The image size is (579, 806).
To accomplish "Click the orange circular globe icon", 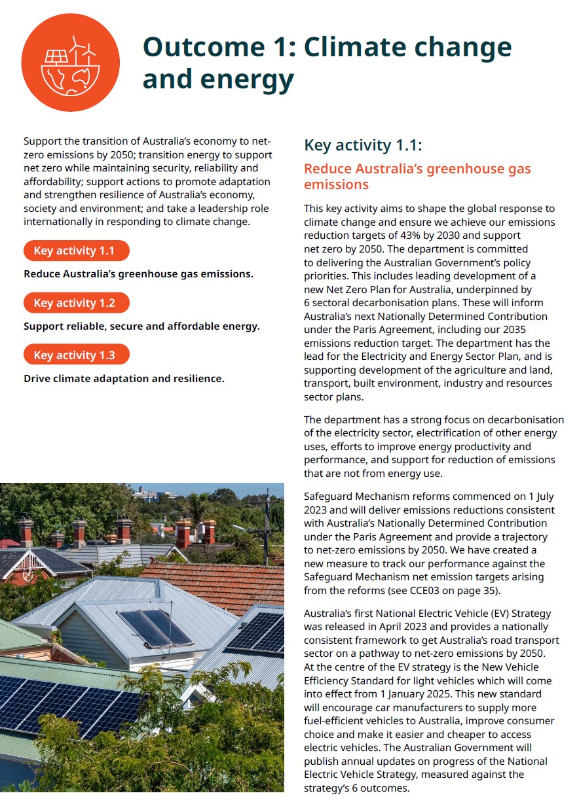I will (x=70, y=63).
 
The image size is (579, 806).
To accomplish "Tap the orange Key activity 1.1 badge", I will (x=76, y=251).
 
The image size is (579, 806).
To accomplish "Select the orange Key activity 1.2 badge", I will (x=76, y=303).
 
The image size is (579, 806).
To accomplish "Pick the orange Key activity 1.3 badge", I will (x=76, y=355).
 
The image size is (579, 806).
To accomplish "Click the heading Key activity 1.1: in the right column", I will (x=363, y=145).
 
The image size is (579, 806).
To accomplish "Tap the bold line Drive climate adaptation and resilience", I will (x=124, y=378).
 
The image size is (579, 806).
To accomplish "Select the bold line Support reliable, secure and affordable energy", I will (x=141, y=326).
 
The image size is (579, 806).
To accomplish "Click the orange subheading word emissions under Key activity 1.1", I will (x=336, y=184).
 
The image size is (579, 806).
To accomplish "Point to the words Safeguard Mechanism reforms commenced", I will (x=394, y=496).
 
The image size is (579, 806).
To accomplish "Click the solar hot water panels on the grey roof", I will (x=156, y=627).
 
